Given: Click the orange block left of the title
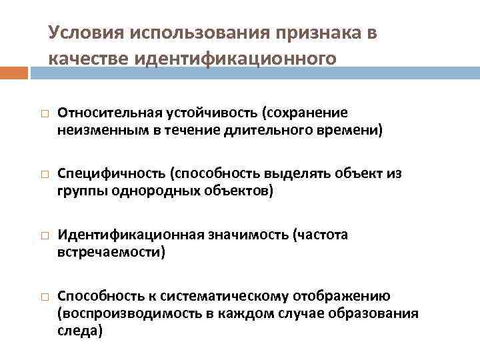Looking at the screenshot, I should [x=14, y=72].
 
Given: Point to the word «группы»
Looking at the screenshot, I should [x=77, y=191].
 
